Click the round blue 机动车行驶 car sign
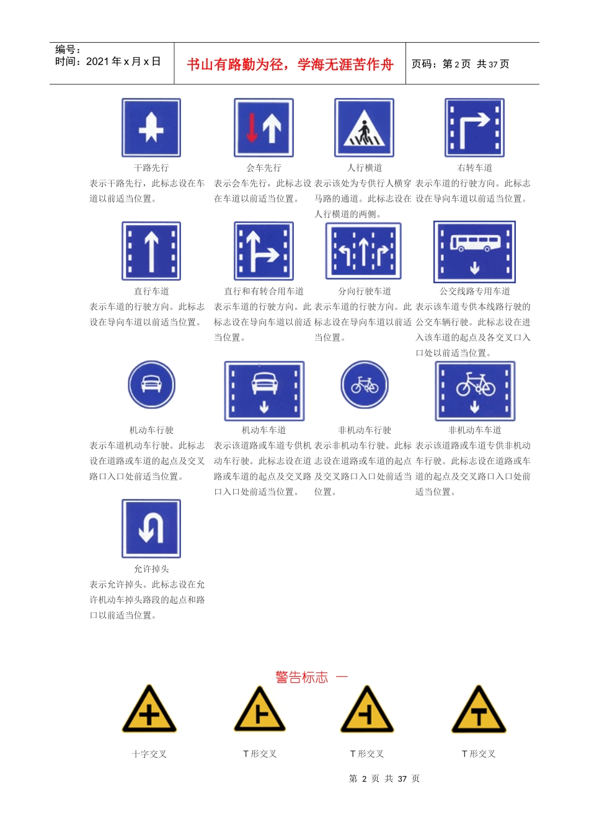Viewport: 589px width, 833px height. point(151,384)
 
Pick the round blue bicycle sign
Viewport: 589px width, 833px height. point(365,385)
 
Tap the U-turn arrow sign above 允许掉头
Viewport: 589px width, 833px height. point(151,529)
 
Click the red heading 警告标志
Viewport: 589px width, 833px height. point(302,677)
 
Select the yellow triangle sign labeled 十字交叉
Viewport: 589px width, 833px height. point(149,710)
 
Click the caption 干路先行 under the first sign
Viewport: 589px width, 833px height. point(151,168)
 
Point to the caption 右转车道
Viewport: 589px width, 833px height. point(474,168)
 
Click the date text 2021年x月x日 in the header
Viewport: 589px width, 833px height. point(123,61)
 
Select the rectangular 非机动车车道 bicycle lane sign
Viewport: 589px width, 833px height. point(475,391)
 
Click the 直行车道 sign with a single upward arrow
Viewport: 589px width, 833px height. point(151,251)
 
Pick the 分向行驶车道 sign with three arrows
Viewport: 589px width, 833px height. point(364,251)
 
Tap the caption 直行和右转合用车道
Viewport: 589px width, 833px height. point(263,291)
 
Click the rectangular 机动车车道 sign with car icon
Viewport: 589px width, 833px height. point(264,391)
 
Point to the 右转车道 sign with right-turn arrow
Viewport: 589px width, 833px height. point(474,128)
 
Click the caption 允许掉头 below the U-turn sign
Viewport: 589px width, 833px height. point(151,569)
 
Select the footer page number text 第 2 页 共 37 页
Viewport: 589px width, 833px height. point(384,778)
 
